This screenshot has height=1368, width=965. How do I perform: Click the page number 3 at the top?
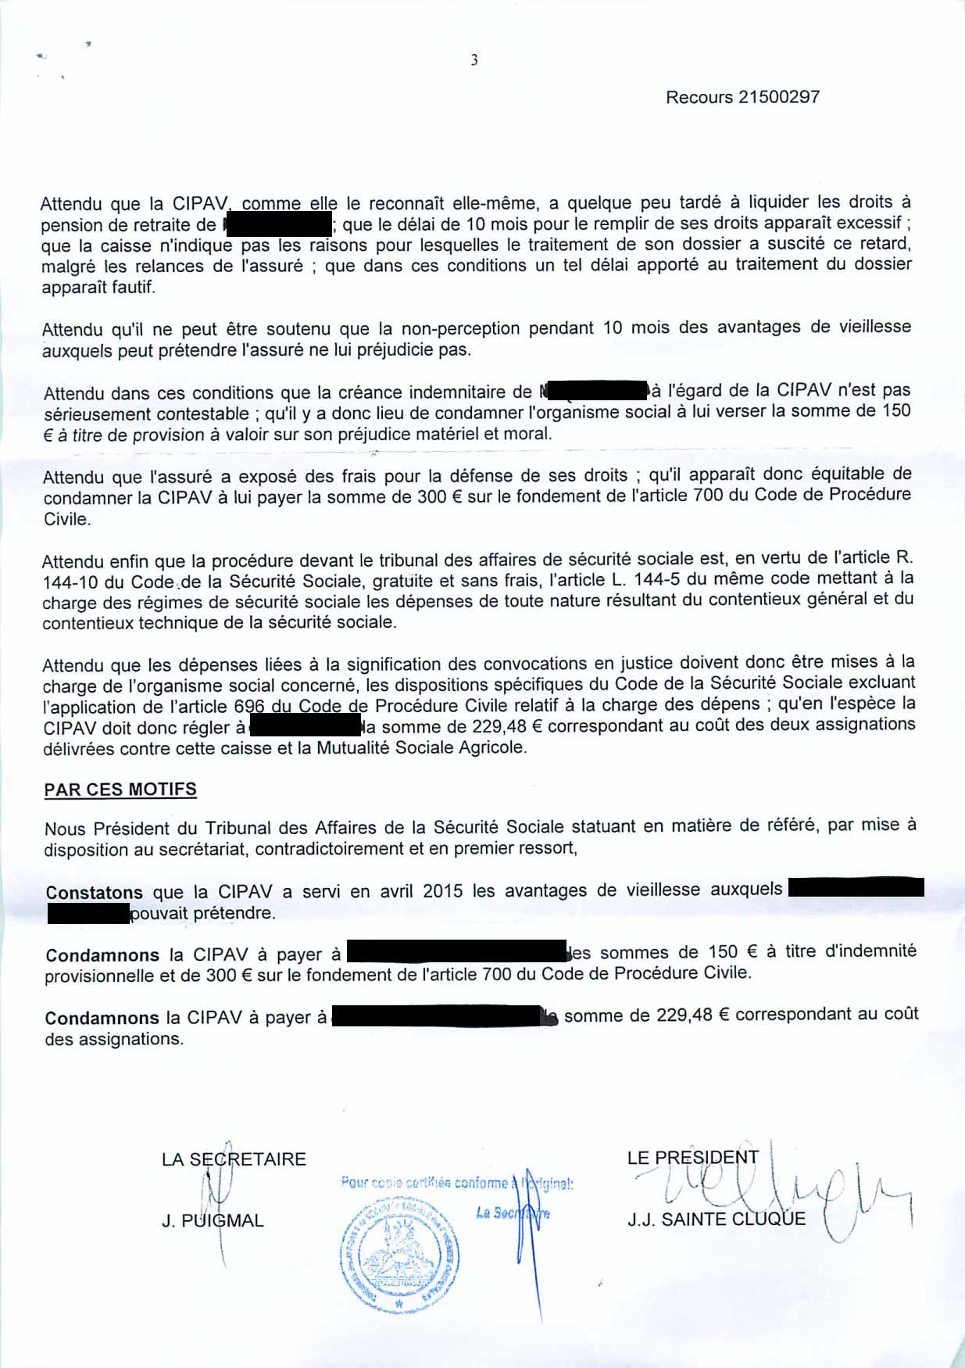click(474, 60)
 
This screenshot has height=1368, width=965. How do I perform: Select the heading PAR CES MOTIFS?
click(120, 790)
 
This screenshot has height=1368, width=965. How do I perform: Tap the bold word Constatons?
click(94, 892)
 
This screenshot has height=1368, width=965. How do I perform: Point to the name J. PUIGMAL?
click(213, 1220)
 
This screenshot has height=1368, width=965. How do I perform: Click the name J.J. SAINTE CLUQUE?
click(716, 1219)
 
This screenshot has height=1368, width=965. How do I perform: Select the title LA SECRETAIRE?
click(234, 1159)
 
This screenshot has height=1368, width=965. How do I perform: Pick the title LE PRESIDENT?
click(692, 1158)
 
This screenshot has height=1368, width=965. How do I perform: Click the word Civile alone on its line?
click(66, 519)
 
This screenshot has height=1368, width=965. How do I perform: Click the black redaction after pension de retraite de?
click(277, 224)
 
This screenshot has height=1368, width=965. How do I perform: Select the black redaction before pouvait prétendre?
click(88, 913)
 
